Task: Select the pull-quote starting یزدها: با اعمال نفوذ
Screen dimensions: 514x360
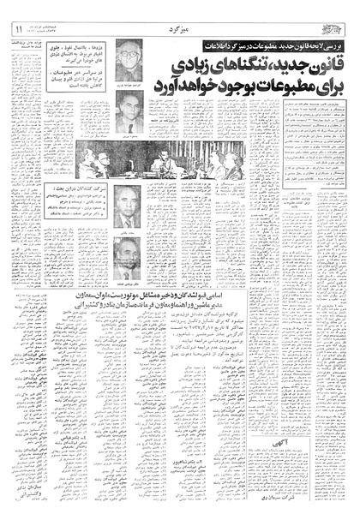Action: [x=80, y=54]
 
